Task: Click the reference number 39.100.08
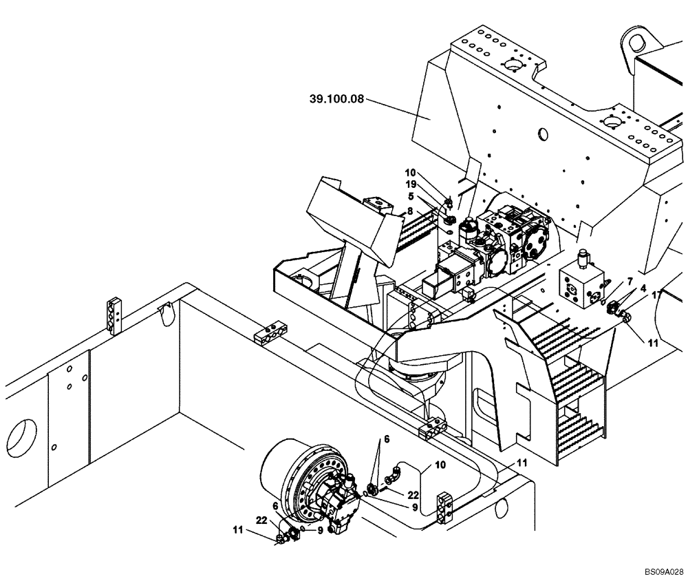click(336, 100)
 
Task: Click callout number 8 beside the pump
click(410, 211)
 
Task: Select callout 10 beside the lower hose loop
click(440, 466)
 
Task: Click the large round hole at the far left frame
click(21, 437)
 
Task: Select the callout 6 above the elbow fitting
click(387, 438)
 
